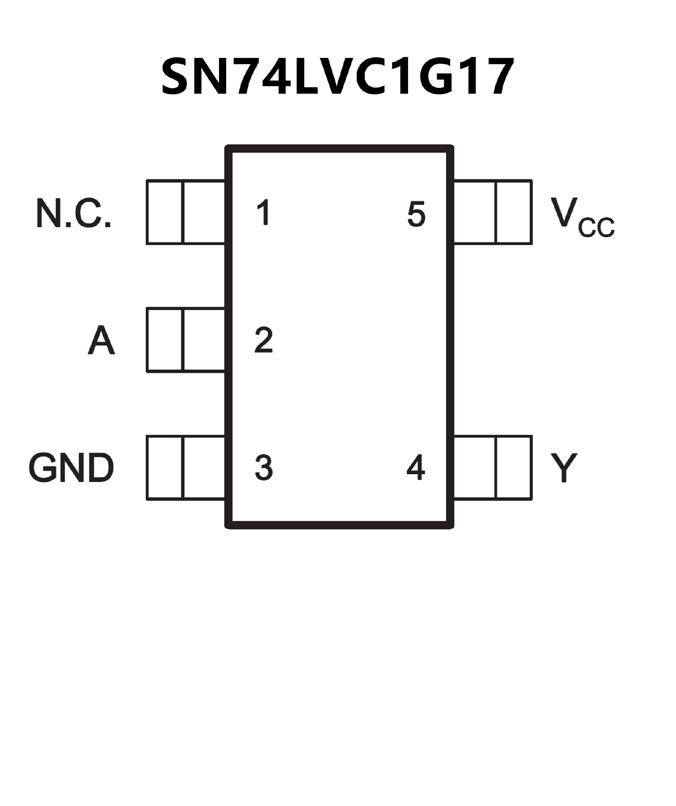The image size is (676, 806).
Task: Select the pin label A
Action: point(101,340)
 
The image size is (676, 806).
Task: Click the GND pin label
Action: point(71,468)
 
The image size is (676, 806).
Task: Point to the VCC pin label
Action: point(582,216)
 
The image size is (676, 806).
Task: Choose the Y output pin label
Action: point(563,468)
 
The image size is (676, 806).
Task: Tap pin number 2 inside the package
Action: point(264,340)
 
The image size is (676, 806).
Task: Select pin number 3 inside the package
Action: point(264,468)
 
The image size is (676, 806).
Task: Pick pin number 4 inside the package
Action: point(416,468)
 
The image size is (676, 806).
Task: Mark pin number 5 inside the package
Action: point(417,214)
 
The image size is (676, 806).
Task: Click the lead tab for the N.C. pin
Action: point(186,212)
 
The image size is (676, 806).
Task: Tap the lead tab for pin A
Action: point(186,340)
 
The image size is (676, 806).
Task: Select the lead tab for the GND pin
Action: point(186,468)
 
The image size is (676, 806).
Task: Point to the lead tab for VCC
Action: point(493,212)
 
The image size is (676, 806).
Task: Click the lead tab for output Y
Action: point(493,468)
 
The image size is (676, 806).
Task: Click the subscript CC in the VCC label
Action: point(596,228)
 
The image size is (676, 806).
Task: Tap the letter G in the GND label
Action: point(41,468)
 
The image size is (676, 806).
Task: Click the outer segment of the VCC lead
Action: point(514,212)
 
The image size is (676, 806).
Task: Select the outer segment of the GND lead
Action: point(164,468)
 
